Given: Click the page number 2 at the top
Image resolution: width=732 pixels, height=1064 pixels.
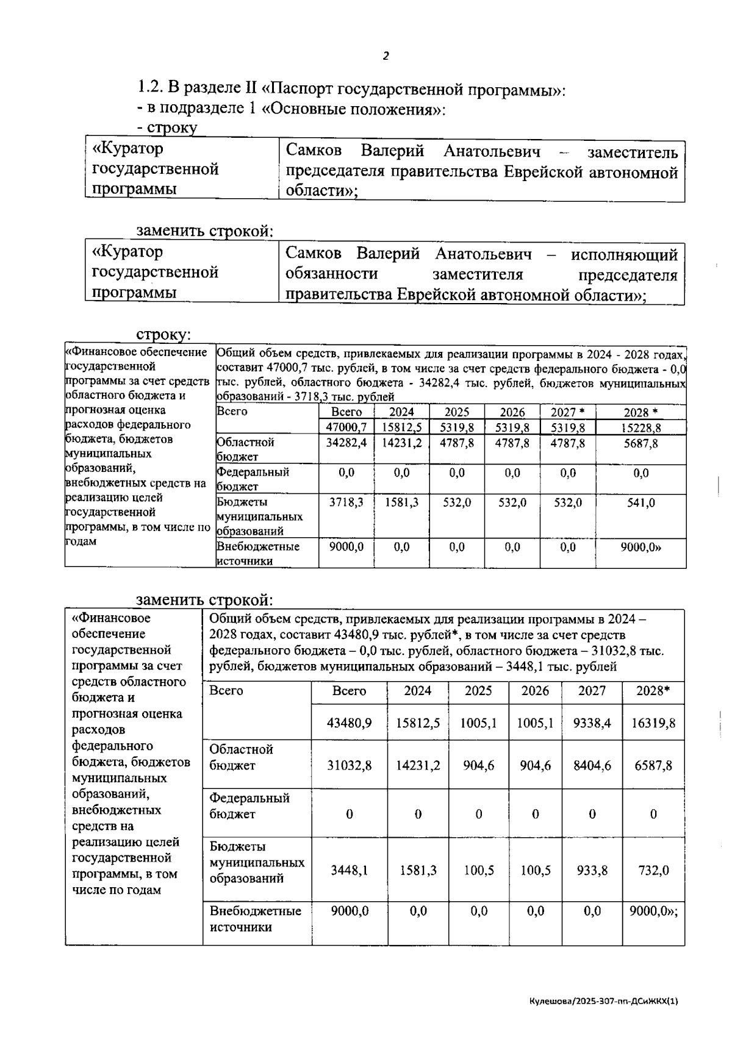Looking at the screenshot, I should pos(385,57).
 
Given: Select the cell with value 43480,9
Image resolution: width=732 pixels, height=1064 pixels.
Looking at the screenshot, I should pos(349,723).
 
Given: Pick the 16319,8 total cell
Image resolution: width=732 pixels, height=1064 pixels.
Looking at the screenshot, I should pos(653,723).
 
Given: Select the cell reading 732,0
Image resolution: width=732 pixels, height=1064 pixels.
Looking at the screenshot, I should pos(653,870).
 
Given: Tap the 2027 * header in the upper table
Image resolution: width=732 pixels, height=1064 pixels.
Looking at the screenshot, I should pos(567,412).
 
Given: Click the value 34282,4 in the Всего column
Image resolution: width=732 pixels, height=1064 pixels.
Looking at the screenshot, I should pos(346,443).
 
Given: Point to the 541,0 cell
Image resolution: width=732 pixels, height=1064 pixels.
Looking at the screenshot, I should pos(640,503).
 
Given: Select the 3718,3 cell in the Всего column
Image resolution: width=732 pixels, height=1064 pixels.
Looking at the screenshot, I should pos(346,503).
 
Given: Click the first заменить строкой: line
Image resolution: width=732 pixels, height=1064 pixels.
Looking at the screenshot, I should pos(204,232).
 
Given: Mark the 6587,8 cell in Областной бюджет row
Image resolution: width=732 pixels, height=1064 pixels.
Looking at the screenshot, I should pos(653,765).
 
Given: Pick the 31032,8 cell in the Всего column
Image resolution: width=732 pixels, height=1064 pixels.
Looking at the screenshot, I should pos(349,765).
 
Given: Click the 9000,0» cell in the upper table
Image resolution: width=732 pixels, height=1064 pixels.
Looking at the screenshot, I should pos(640,548).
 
